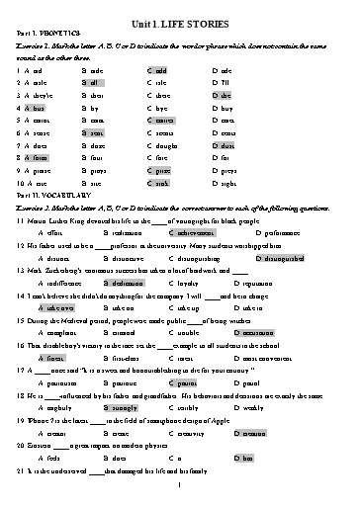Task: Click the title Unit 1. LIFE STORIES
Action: pos(179,19)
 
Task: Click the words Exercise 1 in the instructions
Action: pos(33,45)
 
